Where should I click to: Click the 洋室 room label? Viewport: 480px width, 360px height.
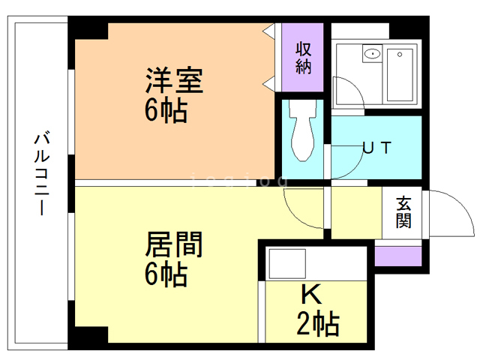[174, 80]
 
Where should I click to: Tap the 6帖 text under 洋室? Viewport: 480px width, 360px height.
[166, 112]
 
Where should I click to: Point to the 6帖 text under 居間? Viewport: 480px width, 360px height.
[166, 276]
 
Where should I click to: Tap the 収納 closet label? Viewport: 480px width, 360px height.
[303, 58]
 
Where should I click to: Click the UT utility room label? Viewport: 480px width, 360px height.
[376, 148]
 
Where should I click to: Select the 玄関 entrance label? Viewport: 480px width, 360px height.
[403, 212]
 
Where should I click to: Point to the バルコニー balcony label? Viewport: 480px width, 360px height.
[42, 173]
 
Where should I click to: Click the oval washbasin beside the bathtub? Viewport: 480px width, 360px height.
[371, 55]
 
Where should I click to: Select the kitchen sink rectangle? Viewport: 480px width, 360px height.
[288, 263]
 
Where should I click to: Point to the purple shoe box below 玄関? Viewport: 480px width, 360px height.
[397, 255]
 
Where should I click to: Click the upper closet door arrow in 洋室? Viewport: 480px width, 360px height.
[268, 31]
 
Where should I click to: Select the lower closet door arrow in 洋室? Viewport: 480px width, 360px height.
[268, 80]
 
